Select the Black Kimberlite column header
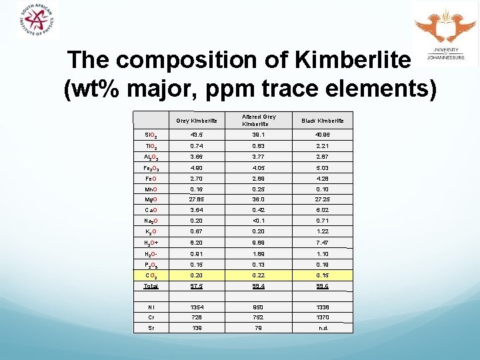[323, 121]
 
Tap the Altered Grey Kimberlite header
[259, 121]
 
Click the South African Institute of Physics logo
[38, 21]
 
